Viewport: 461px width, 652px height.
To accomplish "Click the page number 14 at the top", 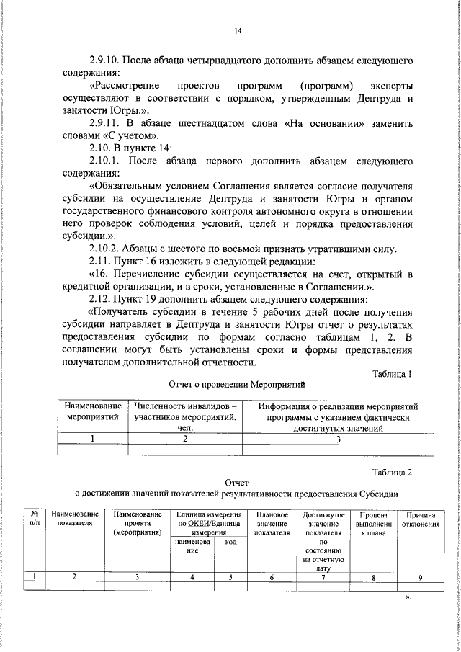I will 238,30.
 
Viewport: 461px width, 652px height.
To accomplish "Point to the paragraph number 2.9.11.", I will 108,124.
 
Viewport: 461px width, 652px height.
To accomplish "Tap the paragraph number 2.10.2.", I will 108,249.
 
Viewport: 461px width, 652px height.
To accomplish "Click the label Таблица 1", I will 392,374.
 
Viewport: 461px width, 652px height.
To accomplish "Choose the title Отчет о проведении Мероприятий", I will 237,385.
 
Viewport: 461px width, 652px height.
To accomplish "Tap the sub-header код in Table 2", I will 230,542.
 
